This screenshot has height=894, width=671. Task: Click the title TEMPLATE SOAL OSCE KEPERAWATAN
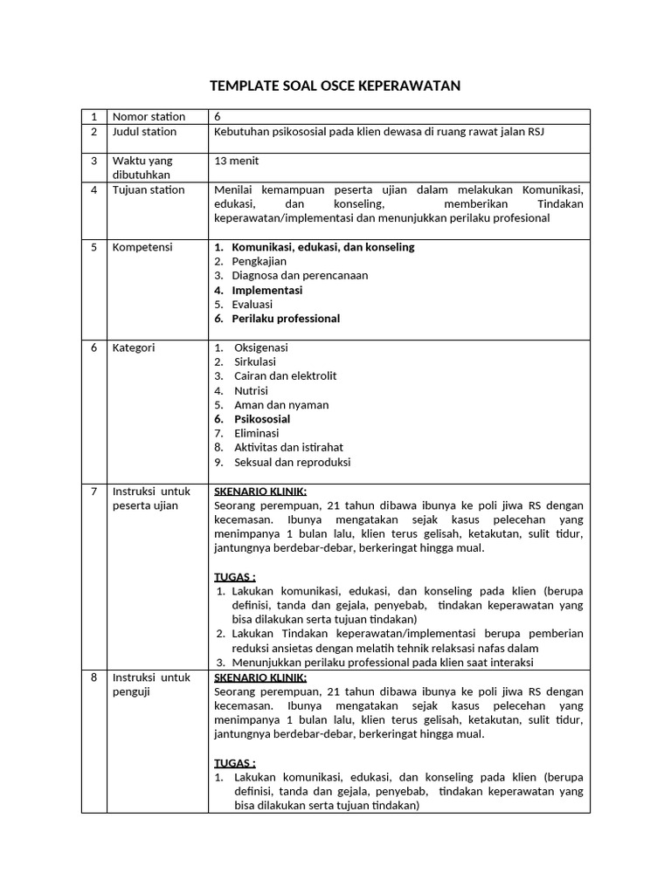335,86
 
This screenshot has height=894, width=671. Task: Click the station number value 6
218,117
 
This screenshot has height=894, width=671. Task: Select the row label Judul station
144,132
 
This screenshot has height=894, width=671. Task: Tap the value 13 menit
236,161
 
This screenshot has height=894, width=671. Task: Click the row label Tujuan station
149,189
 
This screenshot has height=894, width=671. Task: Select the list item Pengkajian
259,261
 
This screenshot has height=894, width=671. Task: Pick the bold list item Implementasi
266,290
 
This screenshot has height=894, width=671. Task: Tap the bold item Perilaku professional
286,319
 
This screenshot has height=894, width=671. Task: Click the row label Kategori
134,347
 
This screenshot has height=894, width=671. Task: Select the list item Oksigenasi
260,347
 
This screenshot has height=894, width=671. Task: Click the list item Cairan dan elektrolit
285,376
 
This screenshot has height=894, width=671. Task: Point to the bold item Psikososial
262,419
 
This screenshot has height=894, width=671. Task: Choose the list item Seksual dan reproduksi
292,462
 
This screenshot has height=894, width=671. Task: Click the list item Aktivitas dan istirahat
288,448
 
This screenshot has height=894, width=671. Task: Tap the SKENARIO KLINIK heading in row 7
260,491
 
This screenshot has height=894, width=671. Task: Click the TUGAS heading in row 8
235,762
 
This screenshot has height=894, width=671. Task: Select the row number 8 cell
93,677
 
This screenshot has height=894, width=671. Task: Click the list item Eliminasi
257,433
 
